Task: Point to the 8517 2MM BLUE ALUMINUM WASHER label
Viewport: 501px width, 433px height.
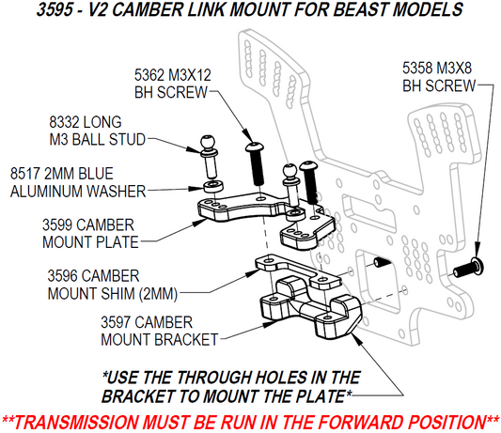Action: point(77,182)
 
